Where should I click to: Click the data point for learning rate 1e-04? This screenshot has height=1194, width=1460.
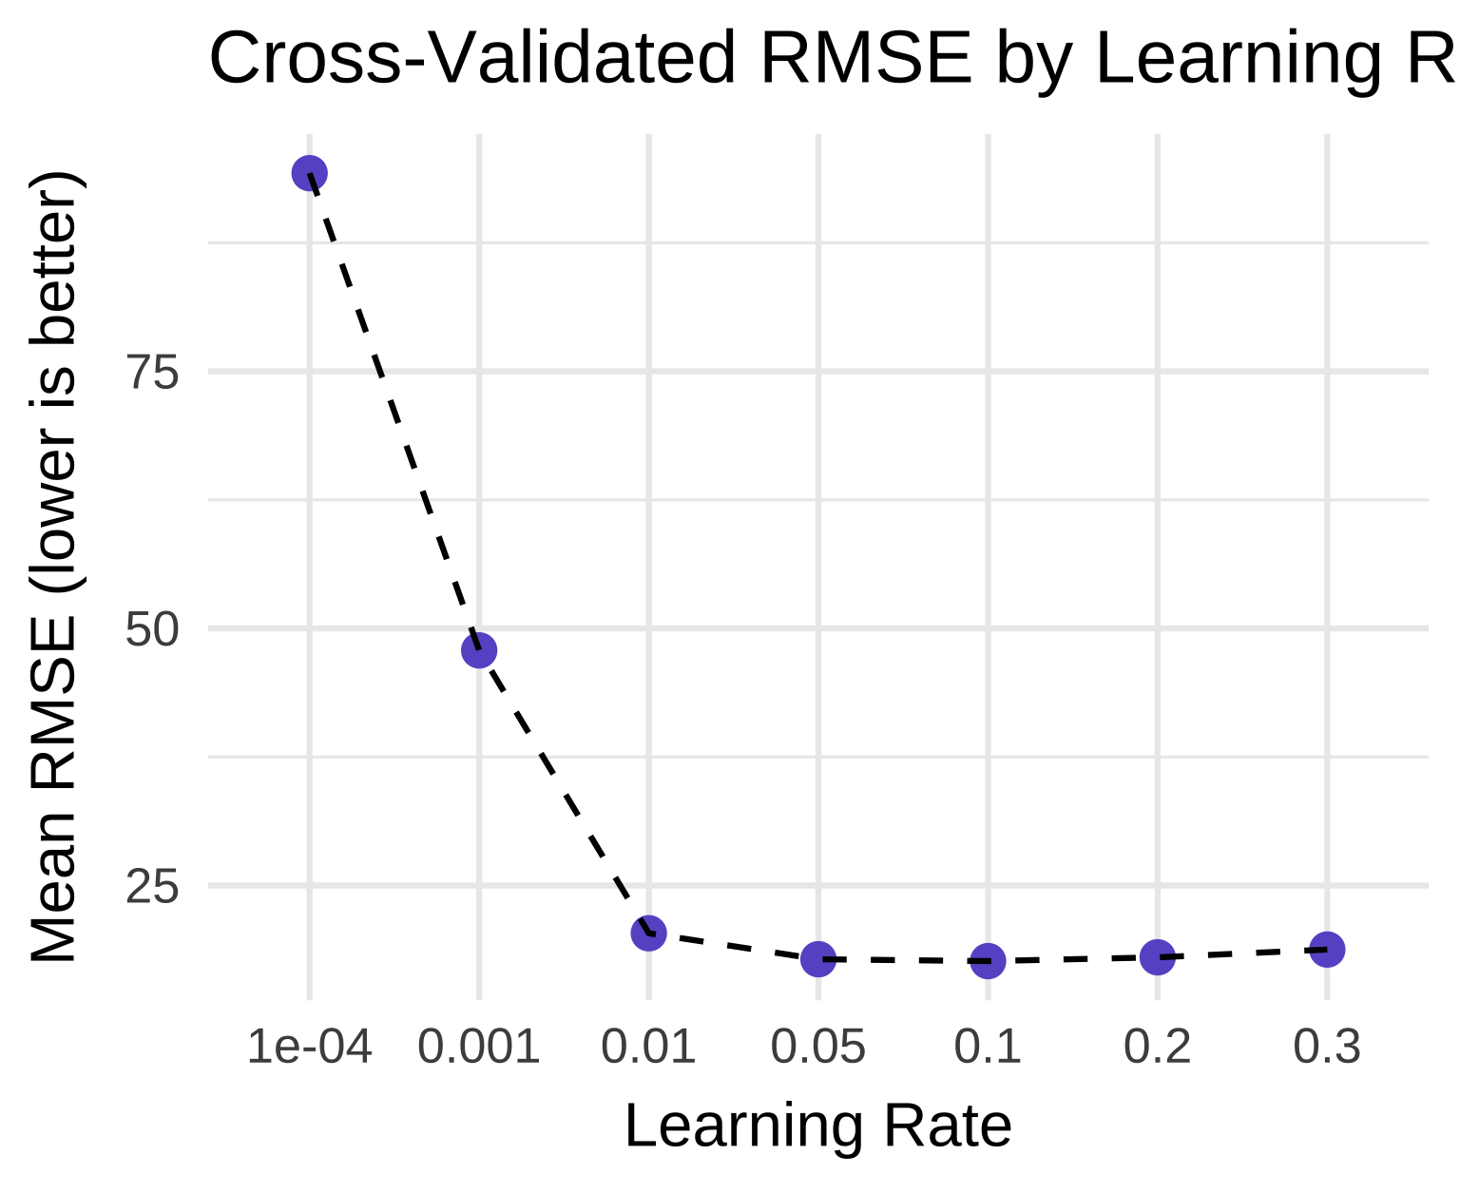(x=310, y=173)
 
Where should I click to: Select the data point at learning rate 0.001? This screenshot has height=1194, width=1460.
(x=479, y=650)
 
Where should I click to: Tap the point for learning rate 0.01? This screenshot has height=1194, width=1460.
(x=648, y=933)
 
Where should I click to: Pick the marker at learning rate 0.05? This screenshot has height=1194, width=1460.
(x=817, y=959)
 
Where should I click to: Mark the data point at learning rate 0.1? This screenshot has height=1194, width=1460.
(x=988, y=961)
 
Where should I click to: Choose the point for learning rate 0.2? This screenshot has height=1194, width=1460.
(x=1157, y=956)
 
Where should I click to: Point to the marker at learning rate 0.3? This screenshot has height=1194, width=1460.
(x=1327, y=949)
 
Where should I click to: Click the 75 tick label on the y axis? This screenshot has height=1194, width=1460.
(x=153, y=373)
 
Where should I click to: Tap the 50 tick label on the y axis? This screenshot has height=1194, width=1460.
(x=153, y=629)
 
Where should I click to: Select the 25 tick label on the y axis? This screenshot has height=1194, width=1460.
(x=153, y=887)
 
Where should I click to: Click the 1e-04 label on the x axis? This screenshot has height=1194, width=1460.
(x=309, y=1048)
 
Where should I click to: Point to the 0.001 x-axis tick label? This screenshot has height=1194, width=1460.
(x=479, y=1048)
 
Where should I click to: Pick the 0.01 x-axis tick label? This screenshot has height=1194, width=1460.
(x=648, y=1048)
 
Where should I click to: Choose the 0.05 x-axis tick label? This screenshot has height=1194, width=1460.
(x=817, y=1048)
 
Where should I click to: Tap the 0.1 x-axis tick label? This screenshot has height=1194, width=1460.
(x=988, y=1048)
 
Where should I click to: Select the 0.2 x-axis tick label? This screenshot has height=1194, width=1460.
(x=1157, y=1048)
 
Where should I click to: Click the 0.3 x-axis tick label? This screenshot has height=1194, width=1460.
(x=1327, y=1048)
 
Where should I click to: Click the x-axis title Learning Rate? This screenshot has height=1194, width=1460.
(x=817, y=1127)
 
